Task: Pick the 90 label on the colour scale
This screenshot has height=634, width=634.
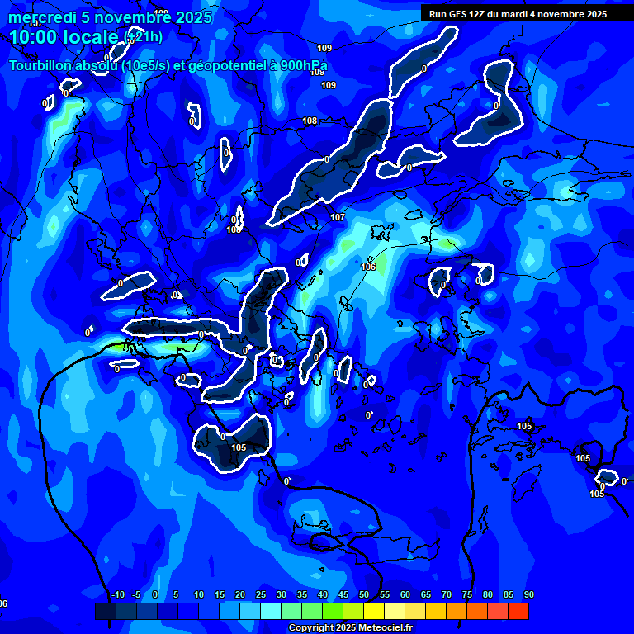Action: tap(528, 595)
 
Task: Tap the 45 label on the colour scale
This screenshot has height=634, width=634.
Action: tap(343, 595)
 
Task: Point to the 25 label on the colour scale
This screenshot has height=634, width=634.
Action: tap(261, 595)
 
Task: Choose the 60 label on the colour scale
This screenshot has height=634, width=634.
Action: tap(405, 595)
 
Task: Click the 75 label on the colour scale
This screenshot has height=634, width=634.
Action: tap(467, 595)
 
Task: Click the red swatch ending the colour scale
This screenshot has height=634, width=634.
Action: tap(518, 611)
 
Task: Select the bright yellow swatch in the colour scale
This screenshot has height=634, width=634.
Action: tap(374, 611)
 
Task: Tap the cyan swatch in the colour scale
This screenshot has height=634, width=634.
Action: tap(271, 611)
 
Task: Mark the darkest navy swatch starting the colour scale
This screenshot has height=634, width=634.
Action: tap(106, 611)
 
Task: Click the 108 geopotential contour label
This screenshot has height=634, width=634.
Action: tap(310, 121)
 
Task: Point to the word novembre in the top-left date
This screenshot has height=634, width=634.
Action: tap(125, 17)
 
